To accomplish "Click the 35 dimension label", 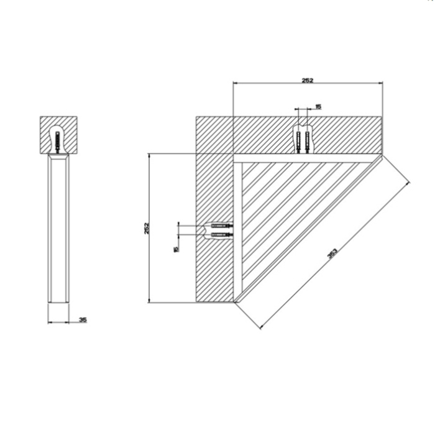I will (83, 320).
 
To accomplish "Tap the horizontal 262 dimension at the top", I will (307, 80).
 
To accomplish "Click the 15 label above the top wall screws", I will (318, 107).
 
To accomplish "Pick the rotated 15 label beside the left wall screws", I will (176, 249).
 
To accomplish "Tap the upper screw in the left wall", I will (221, 224).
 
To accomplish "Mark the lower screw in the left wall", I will (221, 234).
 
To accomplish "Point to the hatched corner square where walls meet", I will (214, 134).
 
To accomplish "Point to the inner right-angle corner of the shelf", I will (242, 163).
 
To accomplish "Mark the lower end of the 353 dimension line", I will (260, 328).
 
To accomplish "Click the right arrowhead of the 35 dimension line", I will (69, 322).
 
